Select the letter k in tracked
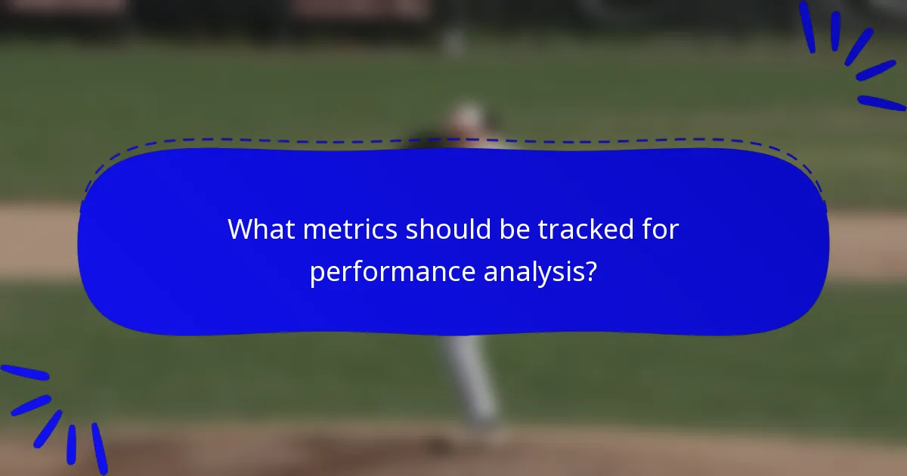pyautogui.click(x=605, y=229)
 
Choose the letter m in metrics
pyautogui.click(x=315, y=230)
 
